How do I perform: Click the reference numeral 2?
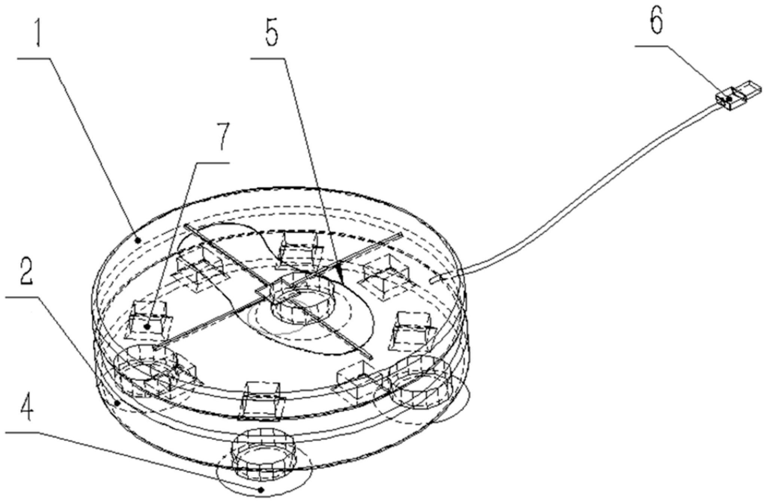coord(26,276)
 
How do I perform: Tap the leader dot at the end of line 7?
coord(149,327)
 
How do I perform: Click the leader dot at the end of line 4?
coord(262,490)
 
